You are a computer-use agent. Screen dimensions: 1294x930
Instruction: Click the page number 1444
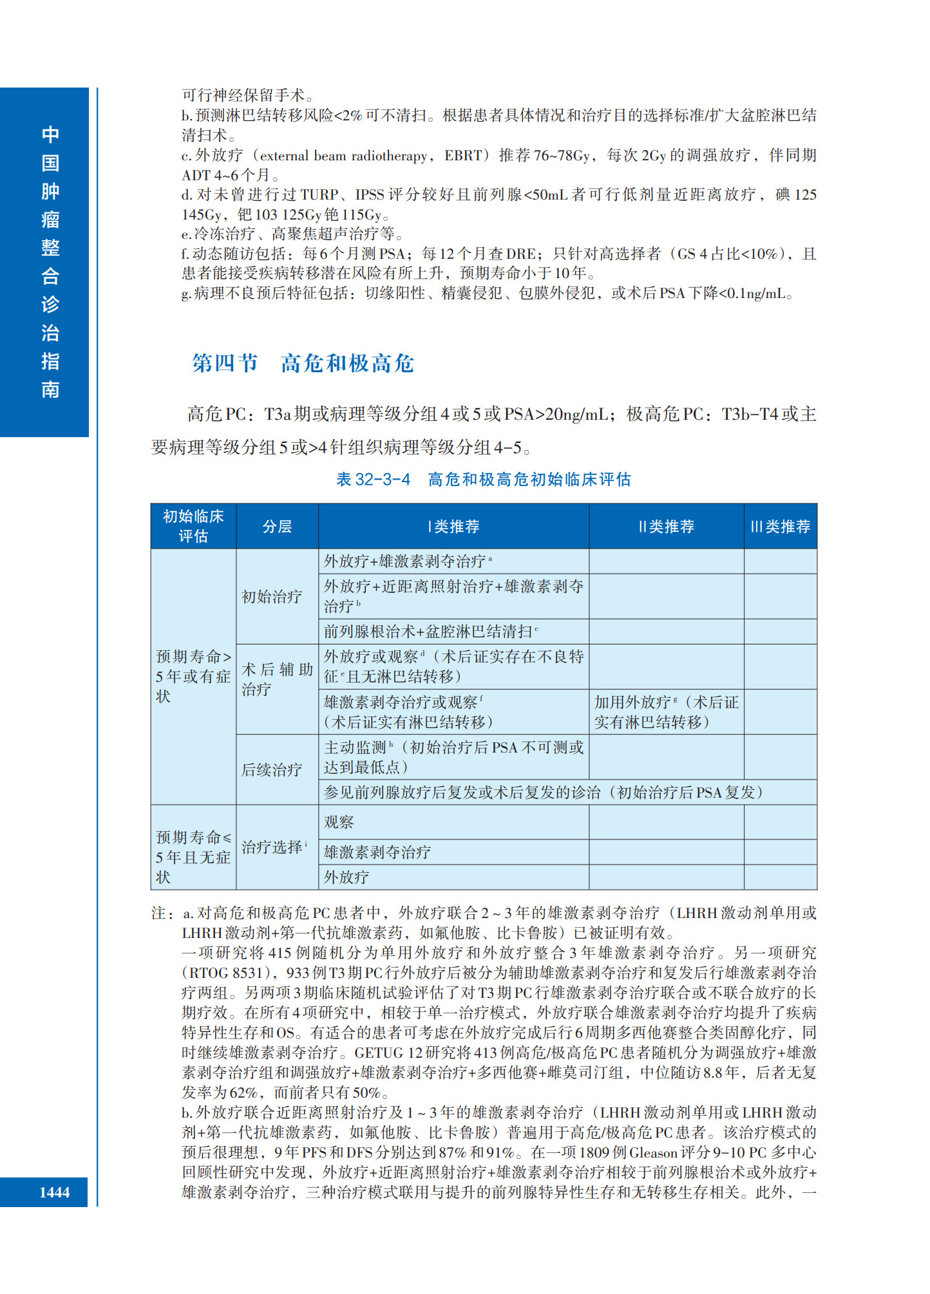tap(54, 1192)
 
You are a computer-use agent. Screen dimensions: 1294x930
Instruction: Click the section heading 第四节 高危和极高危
tap(303, 364)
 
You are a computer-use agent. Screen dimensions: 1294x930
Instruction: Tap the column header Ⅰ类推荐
tap(453, 527)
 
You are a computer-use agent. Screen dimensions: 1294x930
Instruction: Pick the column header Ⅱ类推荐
tap(666, 527)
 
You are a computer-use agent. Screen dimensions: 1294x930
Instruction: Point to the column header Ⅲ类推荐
tap(780, 527)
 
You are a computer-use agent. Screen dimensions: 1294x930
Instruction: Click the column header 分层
tap(277, 527)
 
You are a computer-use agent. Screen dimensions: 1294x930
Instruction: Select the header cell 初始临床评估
tap(193, 526)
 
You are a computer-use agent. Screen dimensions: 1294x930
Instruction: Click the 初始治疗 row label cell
tap(272, 597)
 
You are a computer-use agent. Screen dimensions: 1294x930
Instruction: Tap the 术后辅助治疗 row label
tap(277, 680)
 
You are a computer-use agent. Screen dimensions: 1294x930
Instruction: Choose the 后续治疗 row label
tap(272, 770)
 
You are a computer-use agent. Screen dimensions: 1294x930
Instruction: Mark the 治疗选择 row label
tap(273, 847)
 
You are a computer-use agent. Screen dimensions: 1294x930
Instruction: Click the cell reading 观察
tap(339, 822)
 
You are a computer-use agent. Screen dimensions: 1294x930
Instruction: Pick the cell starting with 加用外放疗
tap(666, 712)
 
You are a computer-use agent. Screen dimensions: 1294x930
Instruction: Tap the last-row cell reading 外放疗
tap(346, 877)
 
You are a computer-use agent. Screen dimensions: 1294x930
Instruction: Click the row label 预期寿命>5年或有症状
tap(193, 676)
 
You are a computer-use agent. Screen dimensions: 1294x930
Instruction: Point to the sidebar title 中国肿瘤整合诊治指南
tap(50, 262)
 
